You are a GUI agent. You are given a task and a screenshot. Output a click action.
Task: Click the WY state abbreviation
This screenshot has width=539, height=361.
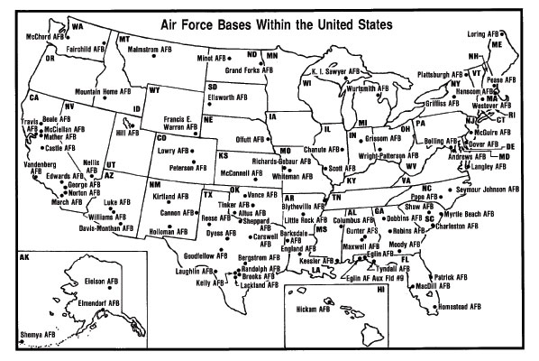coord(154,90)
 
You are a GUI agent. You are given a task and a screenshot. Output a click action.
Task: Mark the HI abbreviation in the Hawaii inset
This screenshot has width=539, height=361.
coord(381,291)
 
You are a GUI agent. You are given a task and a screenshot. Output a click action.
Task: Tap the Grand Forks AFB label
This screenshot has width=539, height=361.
coord(251,69)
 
